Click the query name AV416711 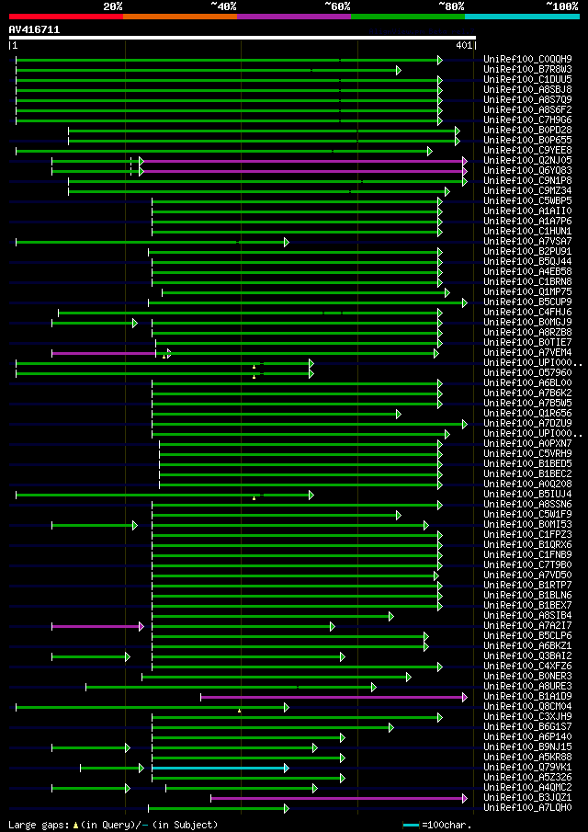(x=34, y=29)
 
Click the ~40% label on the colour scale (x=223, y=6)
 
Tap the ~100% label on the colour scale (x=561, y=6)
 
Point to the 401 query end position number (x=464, y=45)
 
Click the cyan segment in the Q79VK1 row (x=219, y=768)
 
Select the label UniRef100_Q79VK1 (x=527, y=768)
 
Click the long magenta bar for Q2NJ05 (x=303, y=161)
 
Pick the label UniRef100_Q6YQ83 (x=527, y=171)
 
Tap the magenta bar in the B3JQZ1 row (x=338, y=798)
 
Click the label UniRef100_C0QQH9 (x=527, y=60)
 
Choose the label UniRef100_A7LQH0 (x=527, y=808)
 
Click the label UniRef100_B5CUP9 (x=527, y=302)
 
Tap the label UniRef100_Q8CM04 (x=527, y=707)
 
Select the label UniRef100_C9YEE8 (x=527, y=151)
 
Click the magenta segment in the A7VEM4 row (x=103, y=353)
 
